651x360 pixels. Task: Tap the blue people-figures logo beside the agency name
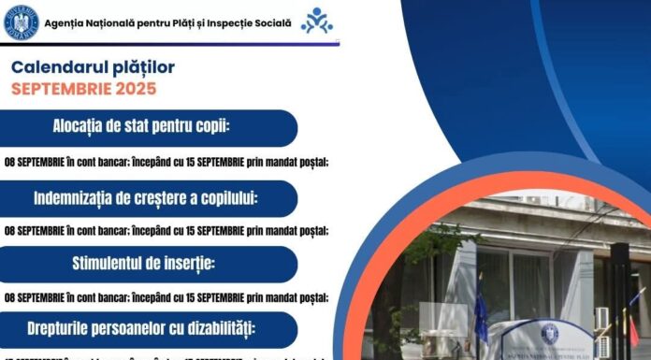tap(316, 21)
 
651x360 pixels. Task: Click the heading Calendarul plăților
tap(93, 67)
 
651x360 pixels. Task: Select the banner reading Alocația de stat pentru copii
tap(149, 127)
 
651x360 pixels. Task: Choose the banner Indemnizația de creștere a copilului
tap(149, 198)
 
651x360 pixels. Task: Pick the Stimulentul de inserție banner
tap(149, 264)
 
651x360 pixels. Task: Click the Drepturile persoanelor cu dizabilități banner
tap(149, 329)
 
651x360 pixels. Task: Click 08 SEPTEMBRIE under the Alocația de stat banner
tap(36, 161)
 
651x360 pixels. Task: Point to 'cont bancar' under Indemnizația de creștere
tap(103, 230)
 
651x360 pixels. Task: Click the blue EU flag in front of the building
tap(480, 313)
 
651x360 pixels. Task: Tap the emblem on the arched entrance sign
tap(550, 333)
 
